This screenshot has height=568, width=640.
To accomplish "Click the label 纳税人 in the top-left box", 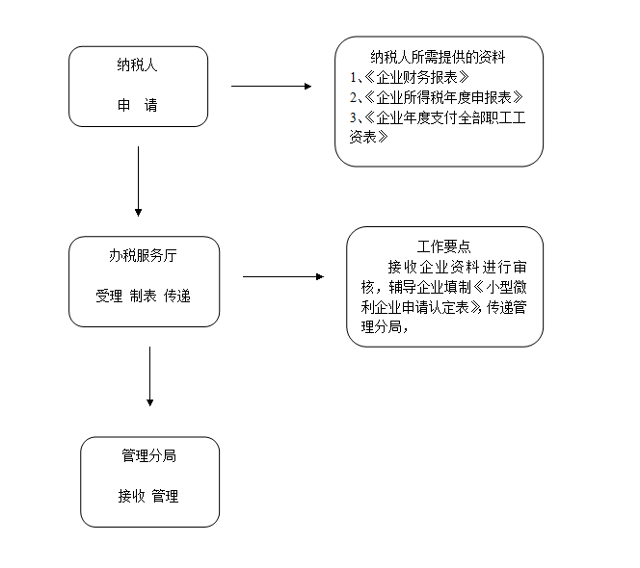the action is click(x=137, y=65).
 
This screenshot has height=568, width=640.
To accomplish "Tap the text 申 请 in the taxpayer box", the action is click(x=138, y=105).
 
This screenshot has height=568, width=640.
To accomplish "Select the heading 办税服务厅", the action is click(x=143, y=256).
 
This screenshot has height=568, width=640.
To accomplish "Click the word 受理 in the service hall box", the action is click(x=109, y=296).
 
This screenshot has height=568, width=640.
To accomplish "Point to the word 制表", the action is click(x=144, y=296).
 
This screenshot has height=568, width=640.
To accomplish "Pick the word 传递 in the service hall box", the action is click(x=177, y=296).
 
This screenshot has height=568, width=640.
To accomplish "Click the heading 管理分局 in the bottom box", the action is click(x=149, y=456).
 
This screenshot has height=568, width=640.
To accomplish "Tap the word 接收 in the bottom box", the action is click(x=131, y=496).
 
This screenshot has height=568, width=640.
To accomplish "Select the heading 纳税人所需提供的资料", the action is click(x=438, y=57).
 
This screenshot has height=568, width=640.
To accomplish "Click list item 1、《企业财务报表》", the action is click(x=410, y=77).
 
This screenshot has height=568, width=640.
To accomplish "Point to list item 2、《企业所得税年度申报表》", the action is click(x=437, y=97).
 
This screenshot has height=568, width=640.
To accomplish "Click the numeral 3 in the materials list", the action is click(x=353, y=117).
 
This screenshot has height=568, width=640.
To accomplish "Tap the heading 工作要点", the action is click(x=444, y=246).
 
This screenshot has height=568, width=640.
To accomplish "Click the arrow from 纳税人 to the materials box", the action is click(x=272, y=87).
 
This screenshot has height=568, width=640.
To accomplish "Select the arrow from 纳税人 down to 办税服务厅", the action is click(x=139, y=181).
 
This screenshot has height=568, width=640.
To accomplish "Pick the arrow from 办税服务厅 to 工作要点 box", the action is click(x=283, y=277).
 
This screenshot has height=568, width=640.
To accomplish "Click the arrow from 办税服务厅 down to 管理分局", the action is click(x=149, y=376).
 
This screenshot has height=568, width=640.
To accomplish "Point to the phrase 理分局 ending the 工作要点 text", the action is click(x=382, y=327).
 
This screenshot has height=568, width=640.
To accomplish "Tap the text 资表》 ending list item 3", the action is click(x=368, y=137).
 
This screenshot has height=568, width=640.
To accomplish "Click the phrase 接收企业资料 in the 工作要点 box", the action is click(x=433, y=268).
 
